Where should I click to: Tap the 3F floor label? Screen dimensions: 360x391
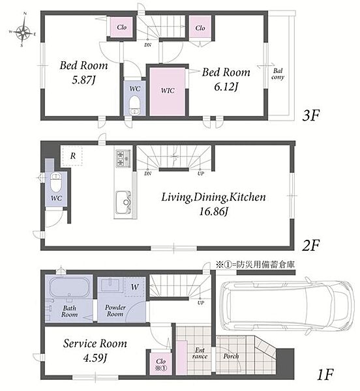click(310, 116)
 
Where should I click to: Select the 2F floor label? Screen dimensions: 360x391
click(310, 246)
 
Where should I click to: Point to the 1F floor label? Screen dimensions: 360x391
click(325, 375)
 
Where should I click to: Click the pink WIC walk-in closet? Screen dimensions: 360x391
click(168, 91)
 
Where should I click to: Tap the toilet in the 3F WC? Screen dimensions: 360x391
click(135, 106)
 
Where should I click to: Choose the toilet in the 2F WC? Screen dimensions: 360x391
click(56, 182)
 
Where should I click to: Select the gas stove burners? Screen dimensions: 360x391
click(123, 158)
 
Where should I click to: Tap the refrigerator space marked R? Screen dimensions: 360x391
click(72, 156)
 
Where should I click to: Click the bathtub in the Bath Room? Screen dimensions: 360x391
click(70, 287)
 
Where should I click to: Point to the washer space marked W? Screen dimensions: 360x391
click(135, 287)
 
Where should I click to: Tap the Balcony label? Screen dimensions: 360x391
click(278, 74)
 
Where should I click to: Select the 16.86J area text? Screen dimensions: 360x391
click(213, 212)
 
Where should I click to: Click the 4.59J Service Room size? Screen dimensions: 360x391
click(95, 358)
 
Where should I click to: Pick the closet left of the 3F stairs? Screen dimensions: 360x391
click(121, 27)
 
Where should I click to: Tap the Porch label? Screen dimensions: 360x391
click(231, 356)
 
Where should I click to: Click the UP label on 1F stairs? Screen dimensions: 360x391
click(201, 303)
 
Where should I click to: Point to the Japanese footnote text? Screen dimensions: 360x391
click(255, 265)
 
